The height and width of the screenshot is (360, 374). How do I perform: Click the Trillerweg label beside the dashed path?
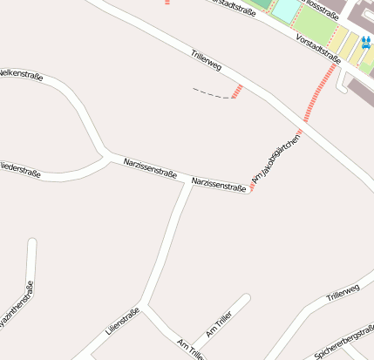(207, 66)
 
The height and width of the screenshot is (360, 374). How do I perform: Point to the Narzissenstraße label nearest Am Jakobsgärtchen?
(218, 184)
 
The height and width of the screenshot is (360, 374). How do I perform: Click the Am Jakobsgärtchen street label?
(275, 160)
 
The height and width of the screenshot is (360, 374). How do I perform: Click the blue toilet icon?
(365, 41)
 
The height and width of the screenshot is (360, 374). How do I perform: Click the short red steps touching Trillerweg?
(237, 92)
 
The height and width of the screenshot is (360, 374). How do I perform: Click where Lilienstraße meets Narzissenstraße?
(192, 181)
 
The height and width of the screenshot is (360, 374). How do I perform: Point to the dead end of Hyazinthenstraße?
(32, 241)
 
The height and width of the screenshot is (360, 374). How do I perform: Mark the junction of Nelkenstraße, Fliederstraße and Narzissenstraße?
(106, 157)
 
